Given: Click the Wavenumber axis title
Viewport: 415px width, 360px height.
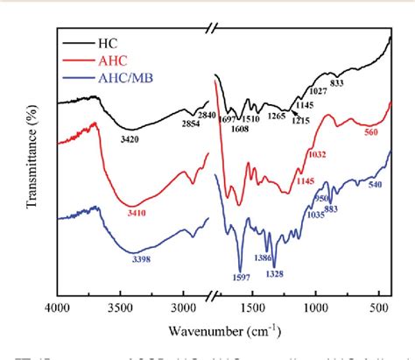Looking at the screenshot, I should [x=223, y=330].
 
